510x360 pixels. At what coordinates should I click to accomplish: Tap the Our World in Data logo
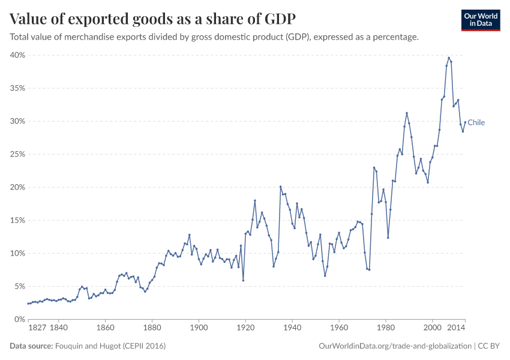pyautogui.click(x=480, y=20)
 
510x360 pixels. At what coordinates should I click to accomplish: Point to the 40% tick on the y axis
pyautogui.click(x=17, y=55)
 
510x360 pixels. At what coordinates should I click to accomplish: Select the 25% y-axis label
pyautogui.click(x=17, y=154)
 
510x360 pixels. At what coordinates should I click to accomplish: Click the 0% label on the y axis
pyautogui.click(x=19, y=319)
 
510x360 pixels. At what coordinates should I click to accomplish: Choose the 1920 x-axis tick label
pyautogui.click(x=245, y=328)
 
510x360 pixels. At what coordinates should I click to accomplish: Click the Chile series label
pyautogui.click(x=476, y=122)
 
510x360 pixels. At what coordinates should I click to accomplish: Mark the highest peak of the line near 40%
pyautogui.click(x=449, y=58)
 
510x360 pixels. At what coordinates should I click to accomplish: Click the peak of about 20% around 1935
pyautogui.click(x=280, y=187)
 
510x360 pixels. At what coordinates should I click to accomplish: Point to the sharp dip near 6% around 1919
pyautogui.click(x=243, y=280)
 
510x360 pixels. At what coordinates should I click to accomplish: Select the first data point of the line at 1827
pyautogui.click(x=28, y=304)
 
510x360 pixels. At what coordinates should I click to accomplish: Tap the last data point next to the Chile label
pyautogui.click(x=465, y=122)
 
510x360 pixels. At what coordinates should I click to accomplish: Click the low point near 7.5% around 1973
pyautogui.click(x=369, y=269)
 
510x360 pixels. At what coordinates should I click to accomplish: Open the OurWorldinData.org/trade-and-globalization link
pyautogui.click(x=395, y=346)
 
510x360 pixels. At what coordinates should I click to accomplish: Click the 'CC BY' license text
pyautogui.click(x=490, y=346)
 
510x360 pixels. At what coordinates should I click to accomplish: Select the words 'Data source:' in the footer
pyautogui.click(x=30, y=346)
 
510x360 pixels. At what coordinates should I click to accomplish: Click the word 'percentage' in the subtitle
pyautogui.click(x=395, y=37)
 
